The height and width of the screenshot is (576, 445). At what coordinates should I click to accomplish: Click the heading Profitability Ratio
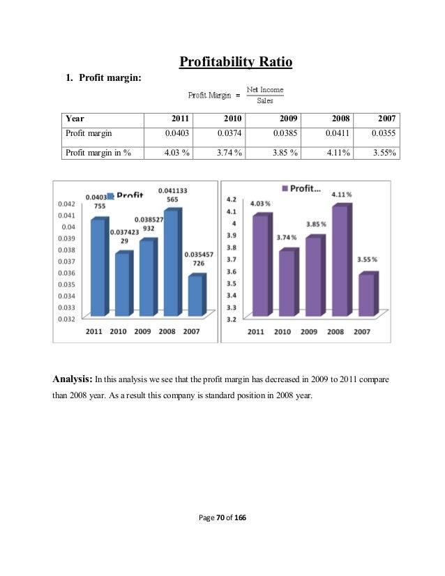click(x=235, y=63)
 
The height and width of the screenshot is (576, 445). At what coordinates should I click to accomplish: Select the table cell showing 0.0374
click(x=229, y=132)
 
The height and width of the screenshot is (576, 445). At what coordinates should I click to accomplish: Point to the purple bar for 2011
click(x=257, y=265)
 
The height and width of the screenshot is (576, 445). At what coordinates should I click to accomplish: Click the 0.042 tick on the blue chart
click(x=66, y=204)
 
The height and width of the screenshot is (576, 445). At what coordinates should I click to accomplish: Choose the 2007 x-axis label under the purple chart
click(x=362, y=332)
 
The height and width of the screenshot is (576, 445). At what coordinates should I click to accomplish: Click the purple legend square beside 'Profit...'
click(x=285, y=188)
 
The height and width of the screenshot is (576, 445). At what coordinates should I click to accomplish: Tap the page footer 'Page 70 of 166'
click(x=222, y=518)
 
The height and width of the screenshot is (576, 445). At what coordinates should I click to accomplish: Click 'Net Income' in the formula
click(x=266, y=90)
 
